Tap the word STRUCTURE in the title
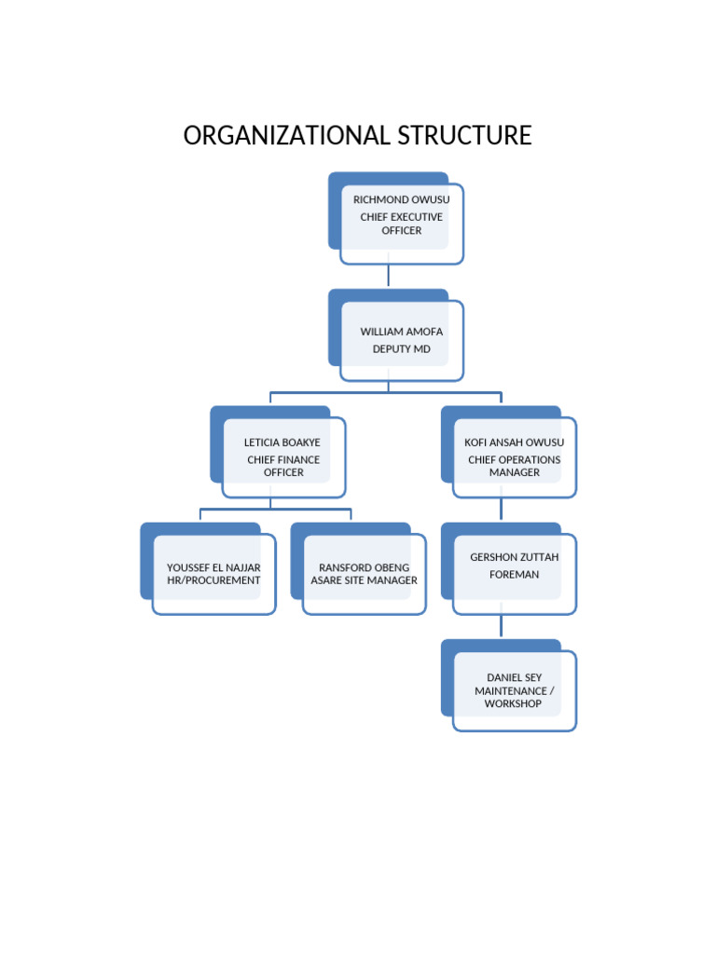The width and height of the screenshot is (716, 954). [x=464, y=136]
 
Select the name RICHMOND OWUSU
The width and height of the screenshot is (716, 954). [x=401, y=199]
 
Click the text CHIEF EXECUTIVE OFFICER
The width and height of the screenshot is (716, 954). [x=401, y=224]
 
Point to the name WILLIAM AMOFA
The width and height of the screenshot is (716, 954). [x=402, y=332]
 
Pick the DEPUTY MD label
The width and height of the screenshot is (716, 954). [x=402, y=349]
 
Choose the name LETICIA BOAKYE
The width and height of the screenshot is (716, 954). [x=282, y=443]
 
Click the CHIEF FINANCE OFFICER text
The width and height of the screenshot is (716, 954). [x=283, y=466]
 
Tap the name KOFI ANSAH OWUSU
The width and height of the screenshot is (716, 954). [x=515, y=443]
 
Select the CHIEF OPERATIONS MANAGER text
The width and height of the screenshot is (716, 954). [x=515, y=466]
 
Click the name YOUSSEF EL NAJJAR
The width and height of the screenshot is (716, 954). [x=213, y=567]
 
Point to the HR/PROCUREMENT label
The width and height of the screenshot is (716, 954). [x=213, y=580]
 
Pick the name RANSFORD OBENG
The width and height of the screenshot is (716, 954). [x=364, y=567]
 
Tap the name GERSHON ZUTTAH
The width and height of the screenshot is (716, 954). [x=515, y=557]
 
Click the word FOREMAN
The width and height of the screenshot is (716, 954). [x=515, y=575]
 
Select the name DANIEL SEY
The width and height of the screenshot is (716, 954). [x=514, y=677]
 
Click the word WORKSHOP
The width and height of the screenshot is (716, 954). [x=513, y=703]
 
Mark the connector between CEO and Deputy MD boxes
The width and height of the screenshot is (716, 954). [x=389, y=276]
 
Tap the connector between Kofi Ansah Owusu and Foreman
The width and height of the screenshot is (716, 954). [x=501, y=509]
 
